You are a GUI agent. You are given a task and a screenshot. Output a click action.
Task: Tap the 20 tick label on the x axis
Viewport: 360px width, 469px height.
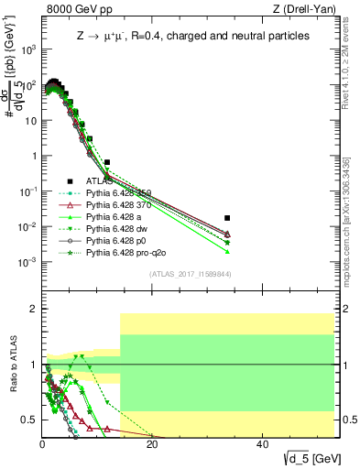(152, 445)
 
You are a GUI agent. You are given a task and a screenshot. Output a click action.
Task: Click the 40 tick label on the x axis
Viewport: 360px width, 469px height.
(262, 445)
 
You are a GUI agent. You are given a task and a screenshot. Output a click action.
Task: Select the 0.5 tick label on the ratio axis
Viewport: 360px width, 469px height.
(28, 420)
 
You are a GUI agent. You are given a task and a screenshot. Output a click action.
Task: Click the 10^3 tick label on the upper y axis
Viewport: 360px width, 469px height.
(27, 49)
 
